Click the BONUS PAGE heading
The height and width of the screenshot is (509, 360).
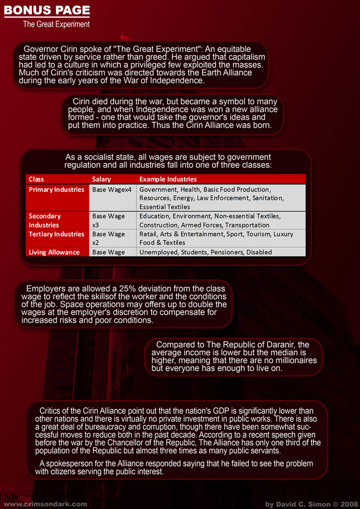click(x=47, y=10)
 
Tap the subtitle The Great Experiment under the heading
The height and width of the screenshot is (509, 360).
click(x=56, y=24)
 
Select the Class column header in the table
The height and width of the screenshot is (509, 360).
click(x=37, y=179)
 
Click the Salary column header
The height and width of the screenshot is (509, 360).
click(x=101, y=179)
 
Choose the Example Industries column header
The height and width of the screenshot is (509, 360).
click(x=168, y=179)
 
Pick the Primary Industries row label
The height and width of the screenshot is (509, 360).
click(x=57, y=190)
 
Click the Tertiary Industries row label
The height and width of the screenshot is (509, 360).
click(x=57, y=234)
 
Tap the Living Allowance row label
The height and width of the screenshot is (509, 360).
click(x=54, y=252)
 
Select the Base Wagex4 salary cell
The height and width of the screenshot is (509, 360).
click(x=112, y=190)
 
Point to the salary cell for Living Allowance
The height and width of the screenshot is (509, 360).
click(x=109, y=252)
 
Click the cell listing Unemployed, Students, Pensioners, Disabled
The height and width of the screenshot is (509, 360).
click(x=206, y=252)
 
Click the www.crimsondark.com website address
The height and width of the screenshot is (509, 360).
click(x=45, y=504)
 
